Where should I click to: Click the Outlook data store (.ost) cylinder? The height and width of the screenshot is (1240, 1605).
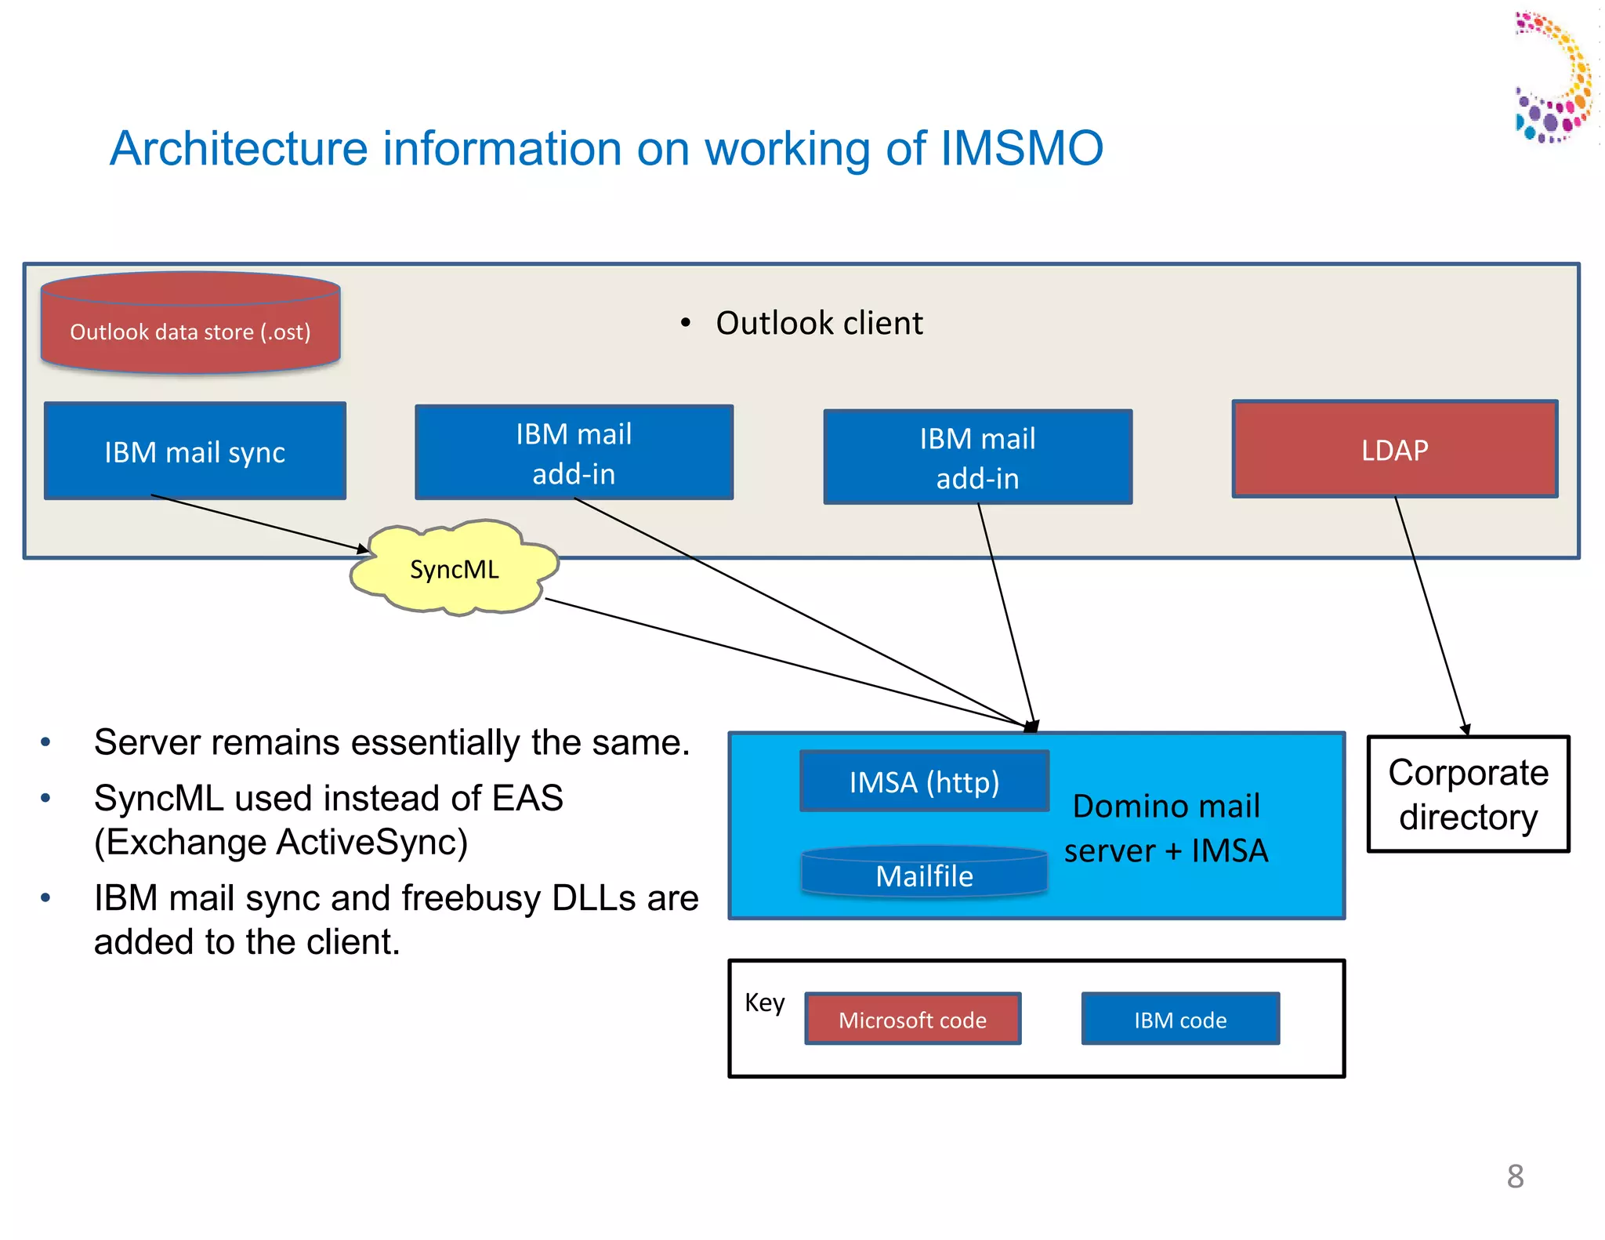coord(190,329)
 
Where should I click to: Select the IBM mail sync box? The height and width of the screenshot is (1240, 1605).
coord(194,452)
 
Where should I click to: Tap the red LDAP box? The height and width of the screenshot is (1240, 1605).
coord(1394,450)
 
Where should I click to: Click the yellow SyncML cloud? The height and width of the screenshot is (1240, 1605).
coord(454,569)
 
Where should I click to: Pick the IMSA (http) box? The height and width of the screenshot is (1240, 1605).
coord(924,782)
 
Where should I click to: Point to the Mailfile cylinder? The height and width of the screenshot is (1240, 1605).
coord(924,875)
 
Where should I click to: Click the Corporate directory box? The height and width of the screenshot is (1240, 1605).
coord(1468,794)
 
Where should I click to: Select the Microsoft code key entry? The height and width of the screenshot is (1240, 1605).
coord(912,1019)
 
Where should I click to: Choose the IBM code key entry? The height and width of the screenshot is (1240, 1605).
coord(1180,1019)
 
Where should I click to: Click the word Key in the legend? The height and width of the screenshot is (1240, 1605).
coord(764,1003)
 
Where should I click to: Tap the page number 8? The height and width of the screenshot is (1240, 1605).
coord(1515,1176)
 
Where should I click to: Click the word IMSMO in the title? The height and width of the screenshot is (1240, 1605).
coord(1021,148)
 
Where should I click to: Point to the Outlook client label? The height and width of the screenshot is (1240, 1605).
coord(819,323)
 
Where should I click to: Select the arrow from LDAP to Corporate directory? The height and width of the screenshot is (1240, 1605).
coord(1430,615)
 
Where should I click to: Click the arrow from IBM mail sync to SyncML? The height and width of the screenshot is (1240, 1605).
coord(259,523)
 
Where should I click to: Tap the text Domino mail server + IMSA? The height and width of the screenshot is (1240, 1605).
coord(1165,828)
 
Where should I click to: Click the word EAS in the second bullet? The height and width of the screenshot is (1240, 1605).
coord(527,798)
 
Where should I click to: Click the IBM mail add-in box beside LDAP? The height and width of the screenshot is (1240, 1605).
coord(977,458)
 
